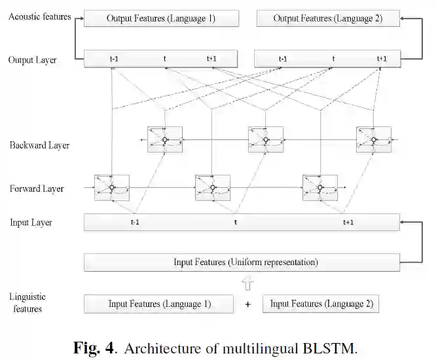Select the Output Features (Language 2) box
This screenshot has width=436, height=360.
[327, 18]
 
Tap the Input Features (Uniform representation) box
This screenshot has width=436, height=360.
[242, 262]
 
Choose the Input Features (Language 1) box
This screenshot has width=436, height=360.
[159, 304]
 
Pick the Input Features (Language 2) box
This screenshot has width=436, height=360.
[321, 304]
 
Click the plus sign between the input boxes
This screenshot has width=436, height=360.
[247, 304]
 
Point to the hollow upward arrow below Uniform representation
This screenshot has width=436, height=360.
[246, 283]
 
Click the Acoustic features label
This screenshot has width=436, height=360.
[39, 16]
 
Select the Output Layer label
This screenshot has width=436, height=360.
[32, 60]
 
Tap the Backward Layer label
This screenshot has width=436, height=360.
[39, 145]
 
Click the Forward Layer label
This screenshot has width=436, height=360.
[37, 189]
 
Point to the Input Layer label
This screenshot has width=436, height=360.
[31, 223]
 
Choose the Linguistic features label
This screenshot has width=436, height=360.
[27, 302]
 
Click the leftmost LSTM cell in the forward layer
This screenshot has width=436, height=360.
[112, 188]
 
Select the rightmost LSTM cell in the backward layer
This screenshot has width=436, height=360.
[373, 139]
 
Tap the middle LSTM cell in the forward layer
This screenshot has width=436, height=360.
[213, 188]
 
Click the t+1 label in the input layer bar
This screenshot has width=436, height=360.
[348, 223]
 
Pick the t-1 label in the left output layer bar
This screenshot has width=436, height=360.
[114, 60]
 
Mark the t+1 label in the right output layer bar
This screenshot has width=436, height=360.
[382, 60]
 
